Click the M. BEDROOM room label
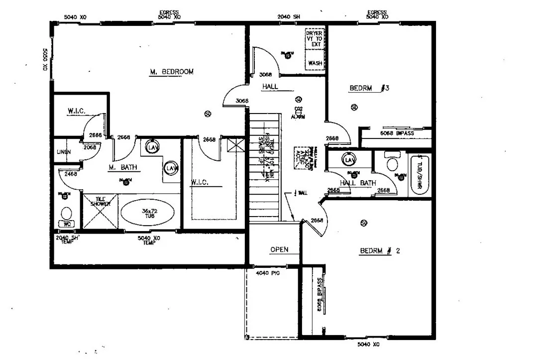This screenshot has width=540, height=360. [171, 72]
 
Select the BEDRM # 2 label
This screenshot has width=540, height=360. [379, 251]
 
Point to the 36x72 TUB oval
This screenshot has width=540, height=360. [147, 212]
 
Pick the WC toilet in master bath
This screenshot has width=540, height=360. [67, 215]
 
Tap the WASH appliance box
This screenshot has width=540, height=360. [315, 63]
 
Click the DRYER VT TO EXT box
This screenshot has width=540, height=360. [315, 39]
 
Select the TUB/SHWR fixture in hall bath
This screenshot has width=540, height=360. [420, 174]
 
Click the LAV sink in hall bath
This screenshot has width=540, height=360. [349, 160]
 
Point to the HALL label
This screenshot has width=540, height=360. [270, 87]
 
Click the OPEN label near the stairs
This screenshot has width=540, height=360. [279, 249]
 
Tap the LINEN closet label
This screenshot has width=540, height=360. [63, 151]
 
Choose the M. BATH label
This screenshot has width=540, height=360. [123, 168]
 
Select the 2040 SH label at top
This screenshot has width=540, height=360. [289, 17]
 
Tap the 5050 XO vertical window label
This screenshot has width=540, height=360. [44, 59]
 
